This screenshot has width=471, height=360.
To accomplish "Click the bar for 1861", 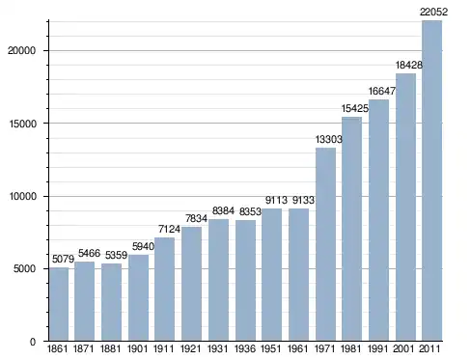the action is coord(59,304).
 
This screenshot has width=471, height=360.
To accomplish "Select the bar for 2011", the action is coord(431,180).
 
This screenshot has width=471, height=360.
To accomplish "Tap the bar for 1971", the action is coord(325,244).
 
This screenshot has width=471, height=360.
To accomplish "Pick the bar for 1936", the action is coord(245,280).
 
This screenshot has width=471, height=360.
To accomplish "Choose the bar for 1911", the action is coord(164,289).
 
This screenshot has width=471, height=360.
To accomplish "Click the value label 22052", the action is coord(433,12).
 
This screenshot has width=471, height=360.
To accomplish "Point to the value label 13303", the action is coord(328,139).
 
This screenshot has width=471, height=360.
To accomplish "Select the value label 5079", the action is coord(63,259).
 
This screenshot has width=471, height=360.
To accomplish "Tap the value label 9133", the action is coord(303,200).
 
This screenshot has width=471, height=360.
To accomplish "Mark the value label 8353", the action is coord(250,211).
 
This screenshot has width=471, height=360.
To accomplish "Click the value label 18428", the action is coord(408,65).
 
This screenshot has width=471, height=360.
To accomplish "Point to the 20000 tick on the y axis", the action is coord(21,51).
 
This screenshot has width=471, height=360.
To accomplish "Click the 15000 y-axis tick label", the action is coord(22,124).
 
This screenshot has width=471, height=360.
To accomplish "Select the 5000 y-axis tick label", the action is coord(25,268).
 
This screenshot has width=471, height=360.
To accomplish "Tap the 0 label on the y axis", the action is coord(33,342).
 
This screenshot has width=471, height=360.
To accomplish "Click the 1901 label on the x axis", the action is coord(137,348).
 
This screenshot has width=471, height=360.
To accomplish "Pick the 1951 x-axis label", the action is coord(271,348).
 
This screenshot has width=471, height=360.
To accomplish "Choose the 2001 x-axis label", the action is coord(403,348).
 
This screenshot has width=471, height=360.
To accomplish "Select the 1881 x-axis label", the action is coord(110,348).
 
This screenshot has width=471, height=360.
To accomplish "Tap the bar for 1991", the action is coord(378,220).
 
